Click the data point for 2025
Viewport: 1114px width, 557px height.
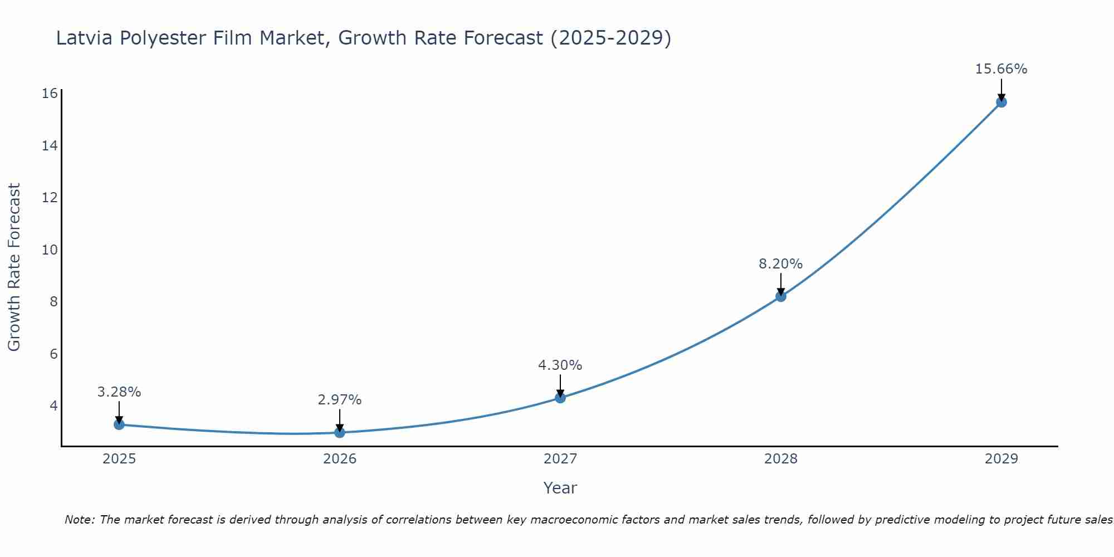pyautogui.click(x=119, y=424)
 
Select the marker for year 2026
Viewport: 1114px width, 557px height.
pyautogui.click(x=340, y=432)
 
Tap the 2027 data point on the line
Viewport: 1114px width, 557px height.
pyautogui.click(x=560, y=398)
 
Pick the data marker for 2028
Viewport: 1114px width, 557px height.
pyautogui.click(x=781, y=296)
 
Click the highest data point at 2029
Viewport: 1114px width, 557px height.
pyautogui.click(x=1001, y=102)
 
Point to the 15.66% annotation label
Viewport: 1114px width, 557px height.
pyautogui.click(x=1001, y=69)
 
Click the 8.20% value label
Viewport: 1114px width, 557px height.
pyautogui.click(x=780, y=264)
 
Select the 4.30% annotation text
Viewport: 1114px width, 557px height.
pyautogui.click(x=560, y=365)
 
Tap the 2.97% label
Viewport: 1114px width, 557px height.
pyautogui.click(x=340, y=400)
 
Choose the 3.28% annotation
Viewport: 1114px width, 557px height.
pyautogui.click(x=119, y=392)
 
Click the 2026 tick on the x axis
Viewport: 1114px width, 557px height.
pyautogui.click(x=340, y=459)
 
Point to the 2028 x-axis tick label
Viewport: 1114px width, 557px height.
pyautogui.click(x=781, y=459)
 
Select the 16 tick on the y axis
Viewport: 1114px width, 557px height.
pyautogui.click(x=50, y=94)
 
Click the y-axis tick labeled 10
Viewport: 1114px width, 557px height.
pyautogui.click(x=50, y=250)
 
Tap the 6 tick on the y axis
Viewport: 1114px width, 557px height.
pyautogui.click(x=53, y=354)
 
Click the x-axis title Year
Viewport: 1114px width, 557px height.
pyautogui.click(x=560, y=488)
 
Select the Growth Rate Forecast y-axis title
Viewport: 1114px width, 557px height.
pyautogui.click(x=14, y=267)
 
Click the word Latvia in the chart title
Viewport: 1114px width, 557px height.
pyautogui.click(x=83, y=38)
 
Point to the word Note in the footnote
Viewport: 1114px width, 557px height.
pyautogui.click(x=79, y=520)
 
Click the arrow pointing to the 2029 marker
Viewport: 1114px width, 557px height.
pyautogui.click(x=1001, y=89)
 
